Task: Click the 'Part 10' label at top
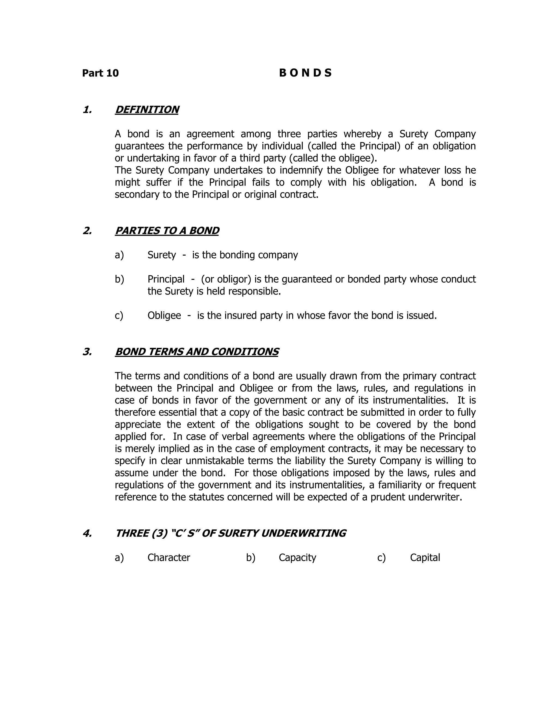click(x=100, y=73)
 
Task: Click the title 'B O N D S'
click(x=305, y=73)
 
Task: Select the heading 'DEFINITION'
click(x=147, y=110)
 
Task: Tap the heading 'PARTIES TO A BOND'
click(x=167, y=230)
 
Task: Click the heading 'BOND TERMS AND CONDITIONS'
click(x=197, y=351)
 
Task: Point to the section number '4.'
click(x=87, y=533)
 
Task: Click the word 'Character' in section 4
click(x=169, y=557)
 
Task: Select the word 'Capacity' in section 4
click(x=297, y=557)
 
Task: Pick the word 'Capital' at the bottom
click(x=425, y=557)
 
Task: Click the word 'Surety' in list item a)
click(x=162, y=255)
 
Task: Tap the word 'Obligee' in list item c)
click(x=164, y=316)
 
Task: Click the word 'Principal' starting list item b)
click(x=166, y=279)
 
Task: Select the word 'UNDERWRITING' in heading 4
click(x=303, y=533)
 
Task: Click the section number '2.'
click(x=87, y=230)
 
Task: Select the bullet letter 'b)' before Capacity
click(x=251, y=557)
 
